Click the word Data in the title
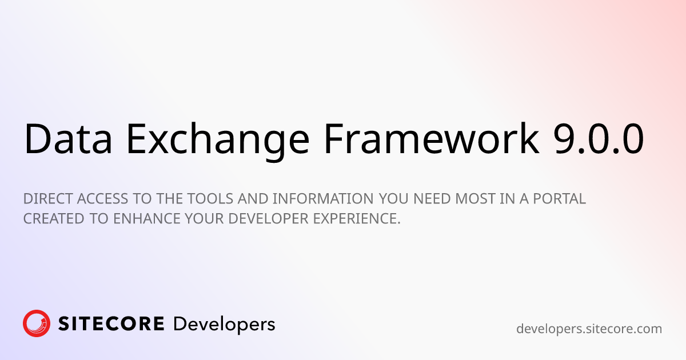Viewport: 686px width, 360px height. click(68, 138)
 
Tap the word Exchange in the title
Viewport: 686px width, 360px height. click(217, 141)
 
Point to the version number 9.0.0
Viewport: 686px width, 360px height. click(599, 139)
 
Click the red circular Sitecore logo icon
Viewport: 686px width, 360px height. click(37, 323)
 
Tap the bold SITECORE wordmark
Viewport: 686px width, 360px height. click(111, 324)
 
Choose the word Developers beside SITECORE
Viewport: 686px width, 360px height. click(224, 325)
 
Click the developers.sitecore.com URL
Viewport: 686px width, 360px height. click(589, 329)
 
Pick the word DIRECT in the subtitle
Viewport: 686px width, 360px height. click(48, 199)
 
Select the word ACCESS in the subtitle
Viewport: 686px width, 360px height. click(102, 199)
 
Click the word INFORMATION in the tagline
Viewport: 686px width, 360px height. click(323, 199)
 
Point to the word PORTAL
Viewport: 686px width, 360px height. click(560, 199)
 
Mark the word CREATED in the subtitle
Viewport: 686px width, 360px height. click(54, 218)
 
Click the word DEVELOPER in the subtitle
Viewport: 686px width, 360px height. click(268, 218)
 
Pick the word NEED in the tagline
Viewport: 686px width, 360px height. click(432, 199)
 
